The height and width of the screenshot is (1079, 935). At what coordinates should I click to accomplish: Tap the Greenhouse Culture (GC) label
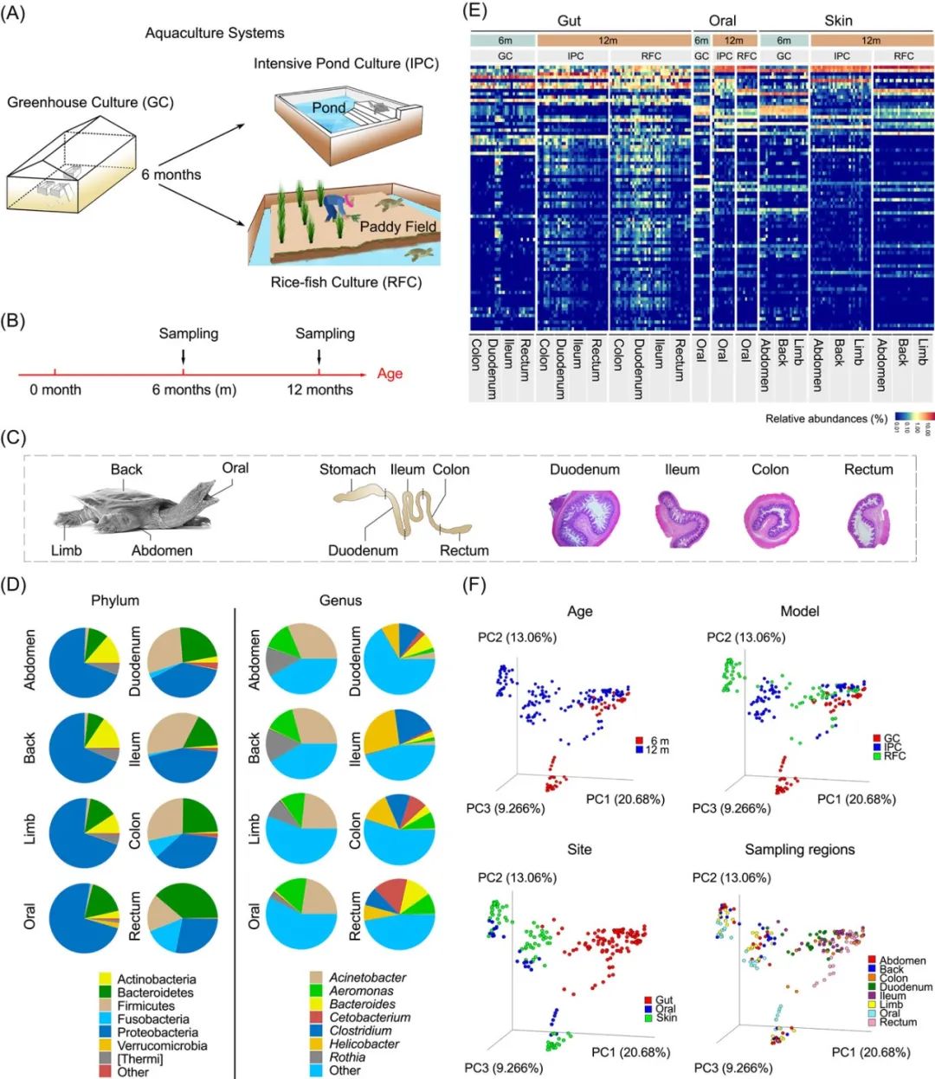pos(90,102)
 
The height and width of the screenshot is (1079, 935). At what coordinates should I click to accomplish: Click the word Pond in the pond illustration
pos(328,107)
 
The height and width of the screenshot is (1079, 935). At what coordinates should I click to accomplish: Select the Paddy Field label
pos(397,227)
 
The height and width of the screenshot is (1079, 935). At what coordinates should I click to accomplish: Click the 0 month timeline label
pos(55,390)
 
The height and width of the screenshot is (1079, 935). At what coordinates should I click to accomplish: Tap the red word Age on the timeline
pos(390,374)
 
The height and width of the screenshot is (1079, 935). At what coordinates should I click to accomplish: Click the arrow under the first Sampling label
pos(184,356)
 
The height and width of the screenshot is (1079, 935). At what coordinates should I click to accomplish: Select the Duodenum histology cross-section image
pos(585,518)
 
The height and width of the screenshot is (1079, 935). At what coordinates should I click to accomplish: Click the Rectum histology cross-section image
pos(867,518)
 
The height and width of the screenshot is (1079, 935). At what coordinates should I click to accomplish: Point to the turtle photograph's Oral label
pos(235,468)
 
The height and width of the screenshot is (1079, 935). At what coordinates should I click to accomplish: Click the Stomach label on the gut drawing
pos(347,470)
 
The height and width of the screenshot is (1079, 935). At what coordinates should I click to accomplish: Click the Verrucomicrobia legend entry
pos(162,1045)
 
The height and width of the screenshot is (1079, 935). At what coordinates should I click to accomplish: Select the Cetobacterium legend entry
pos(369,1018)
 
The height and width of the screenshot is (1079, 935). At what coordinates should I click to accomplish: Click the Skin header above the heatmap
pos(837,20)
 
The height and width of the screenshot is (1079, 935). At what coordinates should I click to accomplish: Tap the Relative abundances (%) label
pos(826,419)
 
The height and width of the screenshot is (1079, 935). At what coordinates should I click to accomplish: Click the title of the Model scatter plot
pos(799,611)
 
